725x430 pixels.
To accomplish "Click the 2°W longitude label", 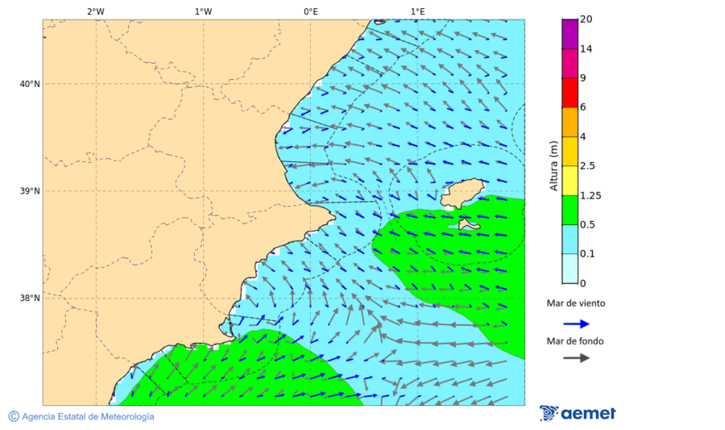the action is pos(95,11).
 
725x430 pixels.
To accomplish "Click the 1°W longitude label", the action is pos(203,11).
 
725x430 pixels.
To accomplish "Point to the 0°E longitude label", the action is pos(310,11).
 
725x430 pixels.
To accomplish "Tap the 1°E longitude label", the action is pos(418,11).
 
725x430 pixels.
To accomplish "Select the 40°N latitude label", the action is pos(30,84).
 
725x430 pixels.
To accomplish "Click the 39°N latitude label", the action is pos(30,191).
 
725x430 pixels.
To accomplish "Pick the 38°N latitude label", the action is pos(30,298).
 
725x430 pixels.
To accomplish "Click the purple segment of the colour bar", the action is pos(570,34).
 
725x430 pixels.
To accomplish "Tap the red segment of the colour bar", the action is pos(570,93).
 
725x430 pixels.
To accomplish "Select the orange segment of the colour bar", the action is pos(570,122).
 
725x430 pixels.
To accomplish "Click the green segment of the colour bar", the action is pos(570,210).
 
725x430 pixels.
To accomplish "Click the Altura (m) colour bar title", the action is pos(553,165).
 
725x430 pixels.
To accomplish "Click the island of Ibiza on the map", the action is pos(462,194).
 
